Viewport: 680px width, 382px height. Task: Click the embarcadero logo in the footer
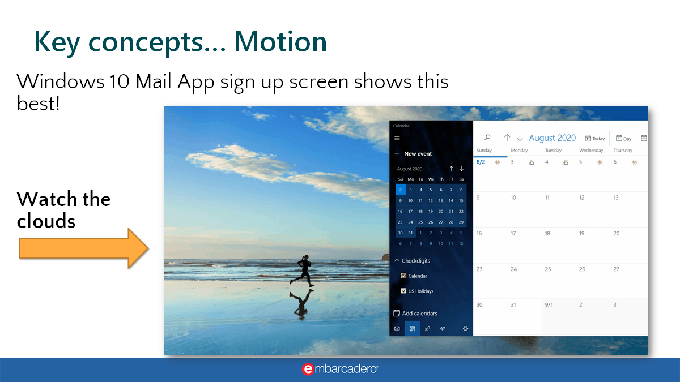pyautogui.click(x=340, y=369)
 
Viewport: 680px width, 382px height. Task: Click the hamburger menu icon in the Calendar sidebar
pyautogui.click(x=397, y=138)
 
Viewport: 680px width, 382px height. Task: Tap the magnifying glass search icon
pyautogui.click(x=487, y=138)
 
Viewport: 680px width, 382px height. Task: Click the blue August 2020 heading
pyautogui.click(x=552, y=138)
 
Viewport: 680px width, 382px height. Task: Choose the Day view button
pyautogui.click(x=624, y=138)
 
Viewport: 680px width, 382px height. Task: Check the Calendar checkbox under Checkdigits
pyautogui.click(x=403, y=276)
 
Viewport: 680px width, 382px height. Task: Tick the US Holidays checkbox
pyautogui.click(x=403, y=291)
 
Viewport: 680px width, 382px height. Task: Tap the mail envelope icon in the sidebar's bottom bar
pyautogui.click(x=397, y=328)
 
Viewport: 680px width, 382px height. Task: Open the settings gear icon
pyautogui.click(x=465, y=328)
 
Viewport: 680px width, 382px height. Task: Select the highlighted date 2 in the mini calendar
pyautogui.click(x=400, y=190)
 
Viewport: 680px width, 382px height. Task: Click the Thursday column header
pyautogui.click(x=623, y=151)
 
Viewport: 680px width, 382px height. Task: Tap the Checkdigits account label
pyautogui.click(x=415, y=261)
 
